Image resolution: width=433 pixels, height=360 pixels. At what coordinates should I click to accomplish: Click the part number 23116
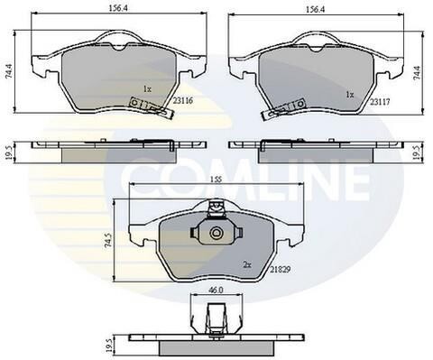pyautogui.click(x=182, y=101)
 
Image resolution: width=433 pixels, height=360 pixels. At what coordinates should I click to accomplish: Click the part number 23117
pyautogui.click(x=380, y=102)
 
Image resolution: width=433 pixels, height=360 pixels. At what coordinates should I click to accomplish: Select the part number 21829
pyautogui.click(x=281, y=270)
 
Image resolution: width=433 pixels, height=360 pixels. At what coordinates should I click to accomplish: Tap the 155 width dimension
pyautogui.click(x=216, y=180)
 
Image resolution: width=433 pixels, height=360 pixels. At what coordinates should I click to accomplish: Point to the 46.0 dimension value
pyautogui.click(x=216, y=290)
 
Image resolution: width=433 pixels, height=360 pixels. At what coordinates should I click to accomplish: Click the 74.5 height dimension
pyautogui.click(x=109, y=240)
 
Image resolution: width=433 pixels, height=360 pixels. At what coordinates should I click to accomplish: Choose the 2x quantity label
pyautogui.click(x=247, y=265)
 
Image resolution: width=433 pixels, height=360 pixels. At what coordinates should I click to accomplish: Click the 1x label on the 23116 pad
pyautogui.click(x=147, y=89)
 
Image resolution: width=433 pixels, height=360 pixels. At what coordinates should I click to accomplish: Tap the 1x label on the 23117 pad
pyautogui.click(x=350, y=95)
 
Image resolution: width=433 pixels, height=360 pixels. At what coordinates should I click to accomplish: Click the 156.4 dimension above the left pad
pyautogui.click(x=118, y=9)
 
